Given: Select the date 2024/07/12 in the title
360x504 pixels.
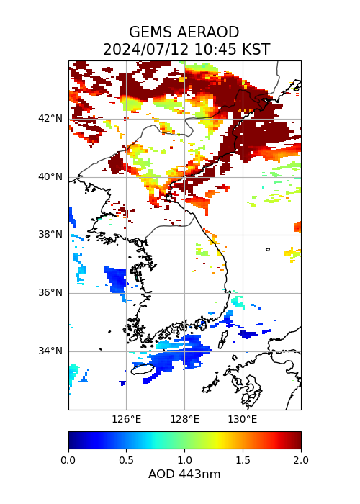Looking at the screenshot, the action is click(x=147, y=50).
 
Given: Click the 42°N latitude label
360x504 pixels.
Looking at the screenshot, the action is click(x=50, y=118).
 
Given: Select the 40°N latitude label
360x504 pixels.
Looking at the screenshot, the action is click(x=50, y=177).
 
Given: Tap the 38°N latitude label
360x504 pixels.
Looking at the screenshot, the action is click(x=50, y=234).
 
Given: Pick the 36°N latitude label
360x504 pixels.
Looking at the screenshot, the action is click(x=50, y=293).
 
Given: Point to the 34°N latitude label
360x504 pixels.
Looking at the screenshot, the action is click(x=50, y=351).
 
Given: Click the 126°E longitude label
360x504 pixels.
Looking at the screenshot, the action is click(x=126, y=420).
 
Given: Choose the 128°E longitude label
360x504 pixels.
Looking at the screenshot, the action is click(x=185, y=420).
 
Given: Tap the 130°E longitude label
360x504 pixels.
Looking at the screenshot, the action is click(x=243, y=420).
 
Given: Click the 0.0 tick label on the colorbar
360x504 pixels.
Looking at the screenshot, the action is click(x=68, y=460).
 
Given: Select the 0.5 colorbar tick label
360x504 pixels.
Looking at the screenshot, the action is click(x=126, y=460).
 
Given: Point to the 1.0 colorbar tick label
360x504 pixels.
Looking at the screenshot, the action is click(x=185, y=460).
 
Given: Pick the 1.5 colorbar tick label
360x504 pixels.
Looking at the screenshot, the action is click(x=243, y=460).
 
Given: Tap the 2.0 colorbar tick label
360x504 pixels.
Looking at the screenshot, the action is click(x=301, y=460).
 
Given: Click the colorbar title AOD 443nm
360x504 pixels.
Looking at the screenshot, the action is click(x=184, y=474).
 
